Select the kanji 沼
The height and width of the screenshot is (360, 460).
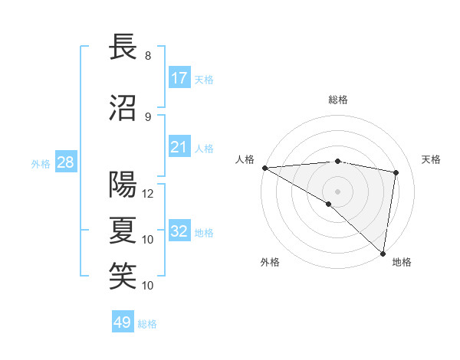pos(123,106)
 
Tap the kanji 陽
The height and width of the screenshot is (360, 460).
pos(123,184)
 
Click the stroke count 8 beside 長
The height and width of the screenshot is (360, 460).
pos(148,56)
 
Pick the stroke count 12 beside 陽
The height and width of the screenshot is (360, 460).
pos(149,194)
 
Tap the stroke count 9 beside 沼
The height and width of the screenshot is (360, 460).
pos(148,117)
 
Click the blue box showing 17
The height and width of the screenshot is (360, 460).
pos(179,78)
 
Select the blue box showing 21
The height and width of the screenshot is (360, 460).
pos(179,147)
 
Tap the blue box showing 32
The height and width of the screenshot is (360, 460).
pos(179,231)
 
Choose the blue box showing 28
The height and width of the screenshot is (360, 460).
pos(66,162)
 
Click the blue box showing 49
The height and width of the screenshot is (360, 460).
pos(123,322)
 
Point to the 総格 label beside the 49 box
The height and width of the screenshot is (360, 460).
pos(147,324)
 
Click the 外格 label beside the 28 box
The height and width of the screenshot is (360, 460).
pos(41,163)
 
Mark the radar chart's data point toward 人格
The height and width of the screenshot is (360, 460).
pos(264,168)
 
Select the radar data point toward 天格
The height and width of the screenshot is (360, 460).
pos(396,172)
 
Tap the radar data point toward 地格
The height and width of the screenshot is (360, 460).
pos(383,253)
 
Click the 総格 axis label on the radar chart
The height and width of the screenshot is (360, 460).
pos(337,100)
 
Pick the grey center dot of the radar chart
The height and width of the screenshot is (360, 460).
pos(337,190)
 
